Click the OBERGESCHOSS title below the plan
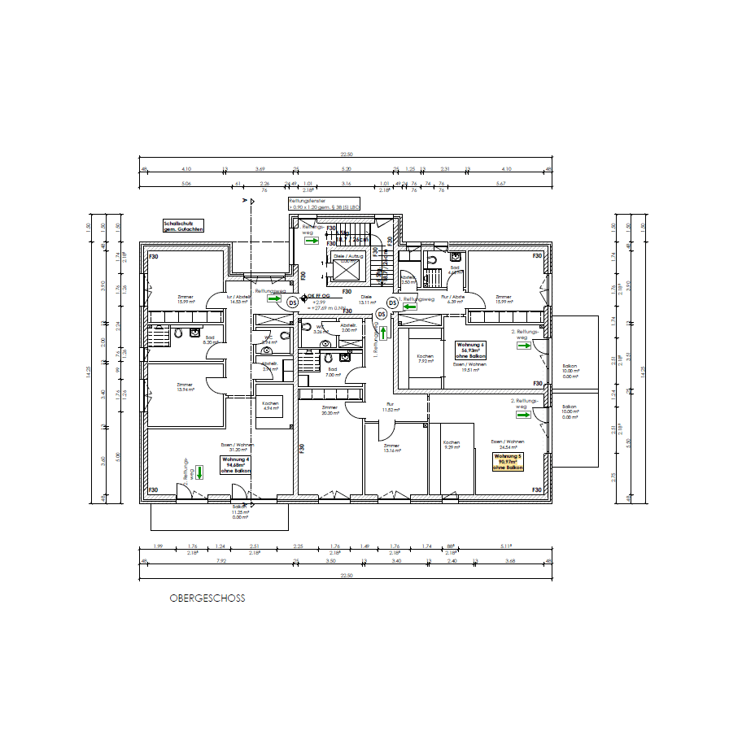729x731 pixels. (x=207, y=598)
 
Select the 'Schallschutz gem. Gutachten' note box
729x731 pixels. (x=183, y=227)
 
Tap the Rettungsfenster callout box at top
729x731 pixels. (x=325, y=204)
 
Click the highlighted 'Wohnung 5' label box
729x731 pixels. (x=507, y=463)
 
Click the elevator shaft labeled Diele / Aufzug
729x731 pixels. (x=349, y=268)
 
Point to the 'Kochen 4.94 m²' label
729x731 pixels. (x=270, y=407)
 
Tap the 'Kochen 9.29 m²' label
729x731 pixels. (x=452, y=445)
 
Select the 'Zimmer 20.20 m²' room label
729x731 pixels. (x=330, y=410)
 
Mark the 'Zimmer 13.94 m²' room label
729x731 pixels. (x=185, y=387)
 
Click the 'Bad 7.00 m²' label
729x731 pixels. (x=333, y=372)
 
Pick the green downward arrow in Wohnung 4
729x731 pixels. (x=199, y=472)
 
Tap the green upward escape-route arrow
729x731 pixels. (x=383, y=333)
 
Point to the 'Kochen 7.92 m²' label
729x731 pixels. (x=426, y=359)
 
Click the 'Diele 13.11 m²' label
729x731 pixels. (x=366, y=299)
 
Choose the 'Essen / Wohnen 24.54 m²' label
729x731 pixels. (x=506, y=445)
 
